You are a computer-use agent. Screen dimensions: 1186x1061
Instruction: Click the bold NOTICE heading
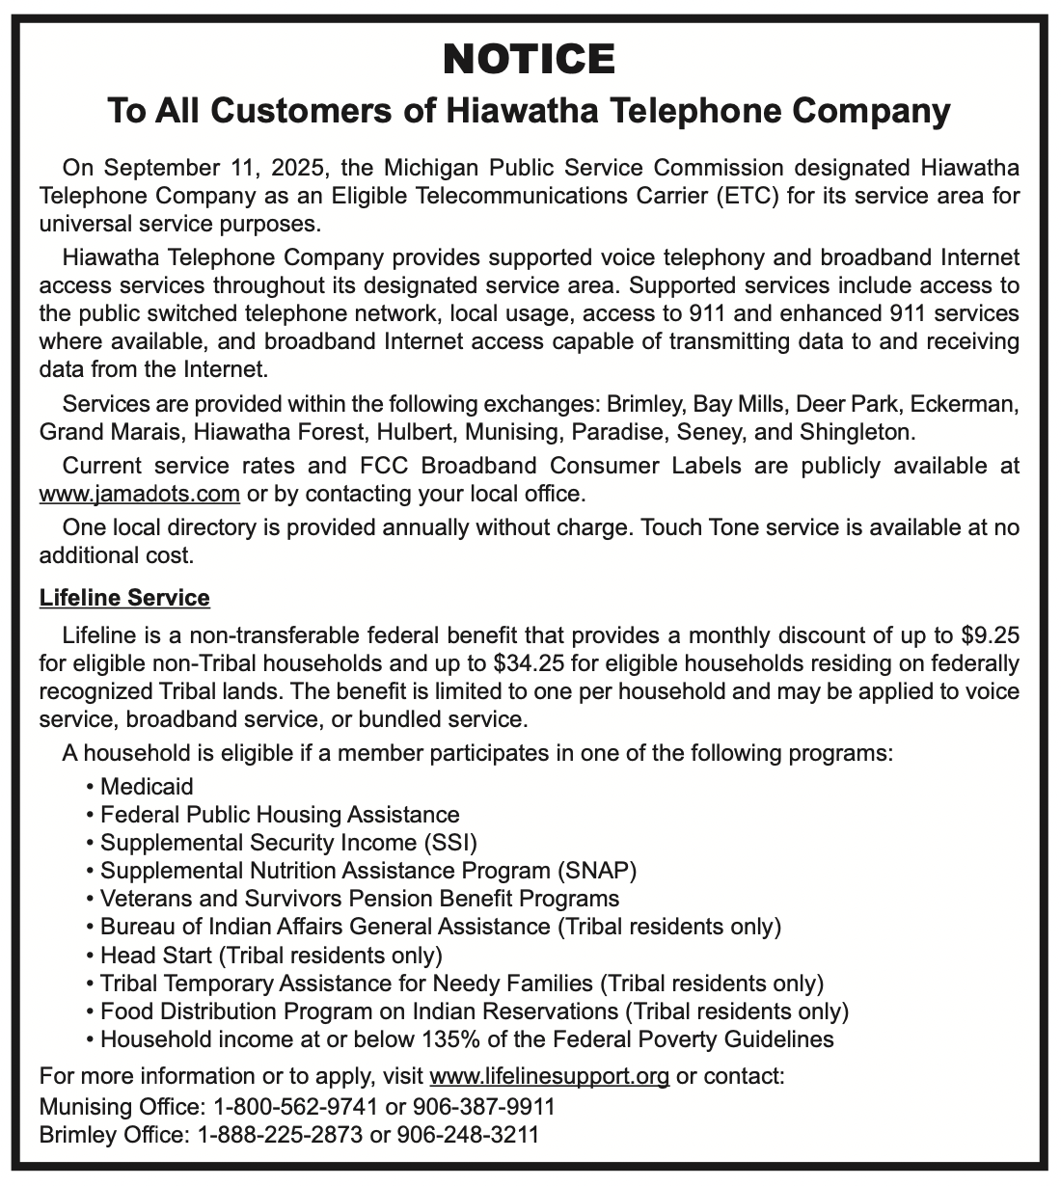click(529, 60)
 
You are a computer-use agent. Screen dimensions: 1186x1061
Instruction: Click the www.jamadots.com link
click(139, 495)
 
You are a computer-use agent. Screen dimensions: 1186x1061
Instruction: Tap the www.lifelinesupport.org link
click(549, 1076)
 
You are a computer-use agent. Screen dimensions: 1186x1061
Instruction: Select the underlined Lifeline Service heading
click(124, 598)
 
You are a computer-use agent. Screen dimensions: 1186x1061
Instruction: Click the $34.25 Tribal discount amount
click(527, 663)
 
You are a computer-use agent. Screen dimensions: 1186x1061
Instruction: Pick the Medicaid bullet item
click(147, 787)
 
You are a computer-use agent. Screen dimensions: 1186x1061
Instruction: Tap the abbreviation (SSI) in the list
click(449, 843)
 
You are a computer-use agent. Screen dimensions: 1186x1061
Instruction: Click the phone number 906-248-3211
click(468, 1135)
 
